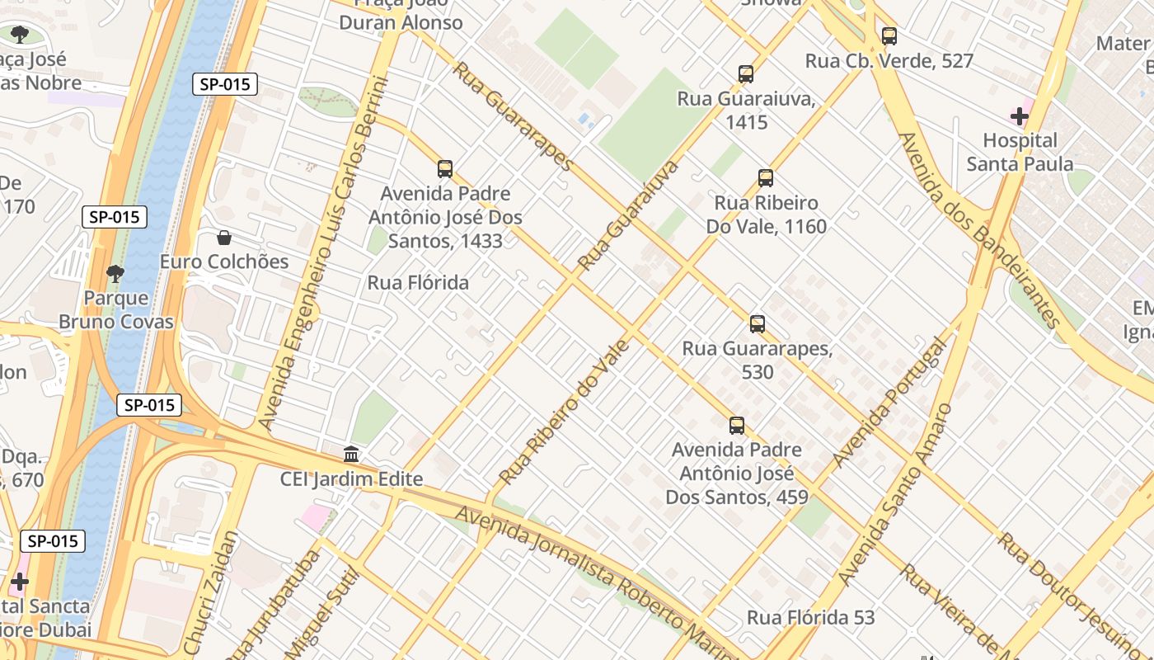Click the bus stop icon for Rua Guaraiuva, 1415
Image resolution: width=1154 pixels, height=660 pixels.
(x=746, y=74)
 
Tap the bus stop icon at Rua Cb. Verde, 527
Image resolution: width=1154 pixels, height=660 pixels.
(x=889, y=36)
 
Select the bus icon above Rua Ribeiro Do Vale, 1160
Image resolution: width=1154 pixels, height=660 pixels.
(x=766, y=178)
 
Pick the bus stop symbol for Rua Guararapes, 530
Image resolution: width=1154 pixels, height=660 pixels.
(x=758, y=324)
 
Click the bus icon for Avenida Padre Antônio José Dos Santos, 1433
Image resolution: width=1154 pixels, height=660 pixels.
(x=445, y=169)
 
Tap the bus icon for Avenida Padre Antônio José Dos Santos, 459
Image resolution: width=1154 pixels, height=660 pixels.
(x=737, y=426)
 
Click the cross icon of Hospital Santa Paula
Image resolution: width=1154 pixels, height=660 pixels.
(x=1020, y=116)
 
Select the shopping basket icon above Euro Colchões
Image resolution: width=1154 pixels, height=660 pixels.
(x=224, y=238)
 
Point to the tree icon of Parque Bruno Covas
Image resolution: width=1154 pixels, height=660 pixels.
(x=115, y=273)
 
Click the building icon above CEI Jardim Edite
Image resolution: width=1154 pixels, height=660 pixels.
(x=351, y=455)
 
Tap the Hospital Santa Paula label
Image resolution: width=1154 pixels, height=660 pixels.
(x=1020, y=152)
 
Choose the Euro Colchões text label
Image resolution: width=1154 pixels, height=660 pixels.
(x=224, y=262)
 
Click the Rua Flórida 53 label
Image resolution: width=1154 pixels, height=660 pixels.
(x=810, y=617)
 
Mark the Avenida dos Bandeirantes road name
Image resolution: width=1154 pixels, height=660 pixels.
(x=979, y=231)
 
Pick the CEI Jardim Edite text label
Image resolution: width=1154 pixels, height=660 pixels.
(x=351, y=479)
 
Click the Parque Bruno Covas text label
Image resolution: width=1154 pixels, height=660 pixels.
(x=115, y=309)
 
